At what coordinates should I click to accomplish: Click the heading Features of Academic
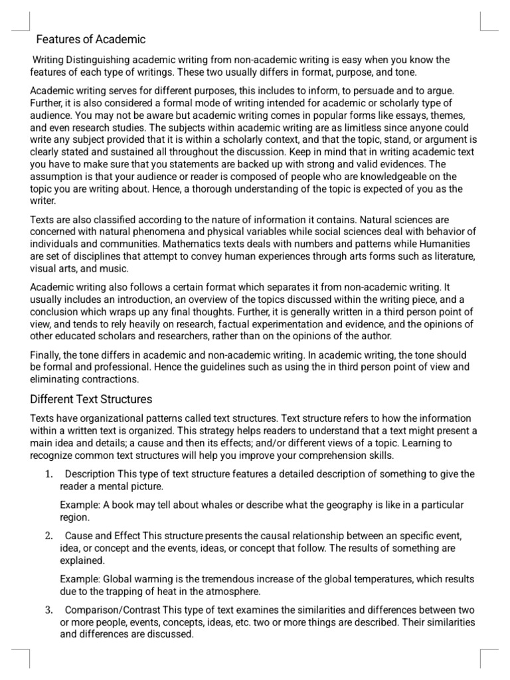[x=90, y=39]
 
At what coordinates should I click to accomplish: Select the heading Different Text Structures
[x=91, y=399]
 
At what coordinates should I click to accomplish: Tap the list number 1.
[x=48, y=473]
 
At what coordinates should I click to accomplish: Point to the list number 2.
[x=48, y=536]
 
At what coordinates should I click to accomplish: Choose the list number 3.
[x=48, y=610]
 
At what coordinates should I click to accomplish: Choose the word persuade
[x=343, y=90]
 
